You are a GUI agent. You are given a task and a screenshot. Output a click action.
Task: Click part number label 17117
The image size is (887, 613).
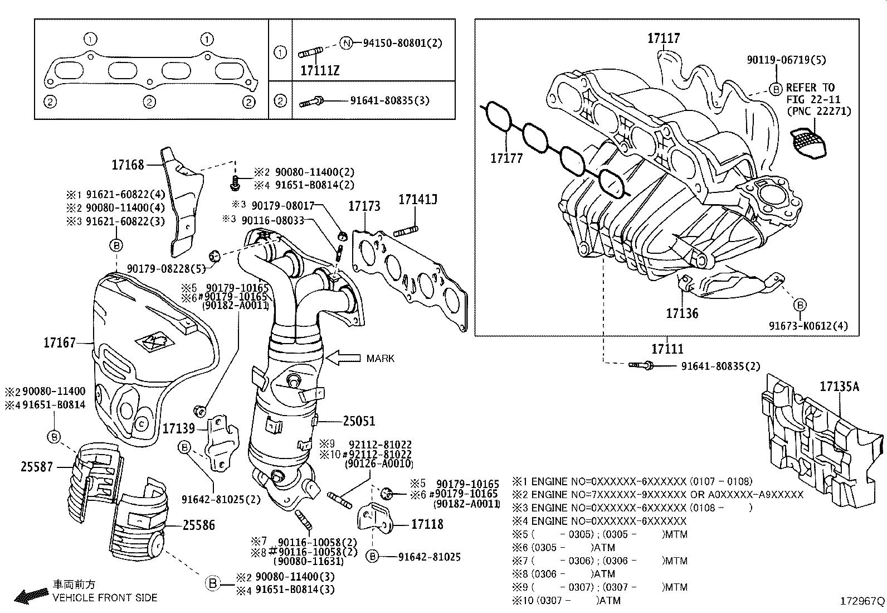tap(664, 38)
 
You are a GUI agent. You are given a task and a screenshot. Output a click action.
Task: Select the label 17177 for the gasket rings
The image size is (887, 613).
tap(506, 158)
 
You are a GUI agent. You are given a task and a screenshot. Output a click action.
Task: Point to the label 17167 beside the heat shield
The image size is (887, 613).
tap(60, 342)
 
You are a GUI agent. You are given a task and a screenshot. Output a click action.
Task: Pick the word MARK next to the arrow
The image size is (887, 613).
tap(381, 358)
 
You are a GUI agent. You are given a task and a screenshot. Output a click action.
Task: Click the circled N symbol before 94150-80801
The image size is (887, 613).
tap(346, 43)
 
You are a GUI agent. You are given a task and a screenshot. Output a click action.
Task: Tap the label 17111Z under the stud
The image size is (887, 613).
tap(319, 71)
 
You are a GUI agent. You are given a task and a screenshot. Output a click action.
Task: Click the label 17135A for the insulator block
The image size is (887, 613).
tap(839, 386)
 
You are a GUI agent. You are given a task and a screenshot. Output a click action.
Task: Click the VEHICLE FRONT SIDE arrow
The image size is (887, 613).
tap(31, 596)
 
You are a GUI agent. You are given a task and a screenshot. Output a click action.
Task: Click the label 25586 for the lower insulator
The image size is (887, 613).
tap(198, 525)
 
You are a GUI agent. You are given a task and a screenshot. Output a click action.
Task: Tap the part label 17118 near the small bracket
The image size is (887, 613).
tap(427, 524)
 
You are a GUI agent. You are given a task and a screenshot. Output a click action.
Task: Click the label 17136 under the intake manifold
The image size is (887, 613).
tap(682, 313)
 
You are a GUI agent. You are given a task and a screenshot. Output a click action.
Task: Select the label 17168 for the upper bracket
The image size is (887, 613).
tap(128, 165)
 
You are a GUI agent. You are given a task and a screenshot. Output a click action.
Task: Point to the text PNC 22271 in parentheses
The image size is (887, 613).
tap(818, 111)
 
